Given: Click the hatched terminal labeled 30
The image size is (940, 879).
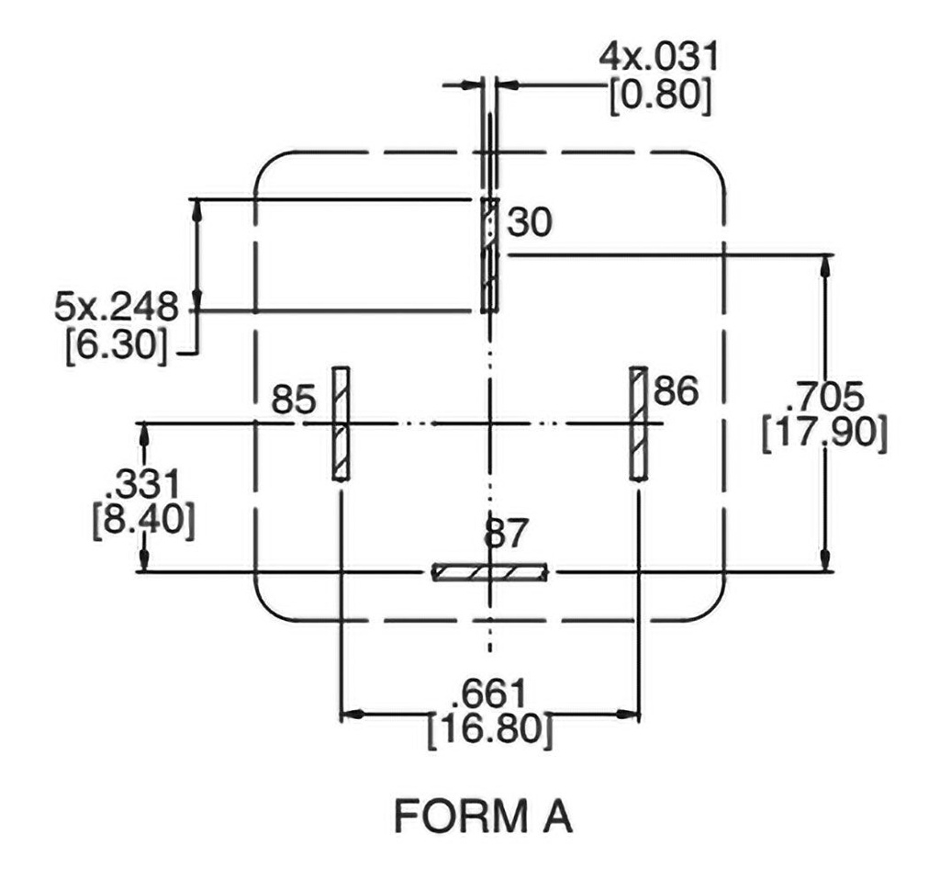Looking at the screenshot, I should [x=490, y=254].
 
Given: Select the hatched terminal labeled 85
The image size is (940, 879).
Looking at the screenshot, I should [x=341, y=423].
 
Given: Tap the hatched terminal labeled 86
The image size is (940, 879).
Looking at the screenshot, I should [x=639, y=423].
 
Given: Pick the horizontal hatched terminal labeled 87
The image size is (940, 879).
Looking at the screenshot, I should [x=491, y=572].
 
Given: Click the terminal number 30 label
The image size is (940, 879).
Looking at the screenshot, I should [x=532, y=222].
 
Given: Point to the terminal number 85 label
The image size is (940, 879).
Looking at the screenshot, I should [x=293, y=400].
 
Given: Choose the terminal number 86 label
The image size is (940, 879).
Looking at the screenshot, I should [x=675, y=392].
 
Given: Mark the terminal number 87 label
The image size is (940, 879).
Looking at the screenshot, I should [x=508, y=535].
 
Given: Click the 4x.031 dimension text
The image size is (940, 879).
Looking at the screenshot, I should [x=658, y=58].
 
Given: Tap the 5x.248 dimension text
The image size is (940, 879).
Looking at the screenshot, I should [x=117, y=307].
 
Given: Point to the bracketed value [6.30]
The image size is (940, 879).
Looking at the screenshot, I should [x=117, y=346].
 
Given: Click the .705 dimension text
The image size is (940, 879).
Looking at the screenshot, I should [x=825, y=397].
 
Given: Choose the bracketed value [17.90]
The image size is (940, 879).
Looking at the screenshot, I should [x=825, y=434].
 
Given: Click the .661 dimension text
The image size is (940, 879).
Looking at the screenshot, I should [x=490, y=691].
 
